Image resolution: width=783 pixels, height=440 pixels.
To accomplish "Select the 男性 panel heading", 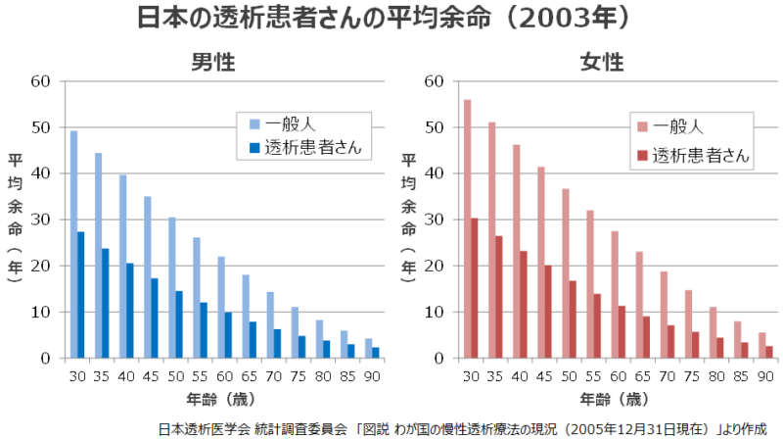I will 212,63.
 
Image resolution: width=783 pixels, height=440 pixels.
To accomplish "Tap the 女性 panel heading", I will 601,63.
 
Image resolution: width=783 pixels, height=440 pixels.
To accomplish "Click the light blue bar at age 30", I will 73,244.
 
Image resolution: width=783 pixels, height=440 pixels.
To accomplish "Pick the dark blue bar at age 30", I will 80,295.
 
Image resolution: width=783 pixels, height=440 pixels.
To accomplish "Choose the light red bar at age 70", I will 664,315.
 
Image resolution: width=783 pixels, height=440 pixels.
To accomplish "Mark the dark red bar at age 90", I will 768,352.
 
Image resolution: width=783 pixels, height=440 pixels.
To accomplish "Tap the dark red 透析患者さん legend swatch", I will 642,155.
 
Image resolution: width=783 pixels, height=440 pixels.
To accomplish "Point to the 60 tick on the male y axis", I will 41,80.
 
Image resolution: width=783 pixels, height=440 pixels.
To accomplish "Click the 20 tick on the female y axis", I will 435,266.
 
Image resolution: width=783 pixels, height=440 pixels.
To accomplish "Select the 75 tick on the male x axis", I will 297,375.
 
